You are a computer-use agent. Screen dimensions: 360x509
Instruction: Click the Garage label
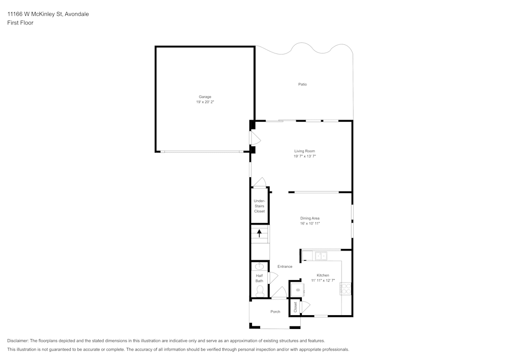coord(205,97)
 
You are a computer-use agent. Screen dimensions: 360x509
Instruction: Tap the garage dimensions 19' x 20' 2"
coord(205,102)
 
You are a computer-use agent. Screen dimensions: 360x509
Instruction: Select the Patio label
coord(302,84)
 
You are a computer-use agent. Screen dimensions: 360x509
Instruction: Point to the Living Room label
coord(304,151)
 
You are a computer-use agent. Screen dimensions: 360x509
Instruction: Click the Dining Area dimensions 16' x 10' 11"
coord(309,224)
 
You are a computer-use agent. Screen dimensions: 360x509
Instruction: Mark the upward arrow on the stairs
coord(260,234)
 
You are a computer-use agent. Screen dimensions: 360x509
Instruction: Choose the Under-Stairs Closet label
coord(260,206)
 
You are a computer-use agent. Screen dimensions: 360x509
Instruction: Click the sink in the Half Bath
coord(259,266)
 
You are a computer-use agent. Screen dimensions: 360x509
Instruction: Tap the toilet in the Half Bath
coord(260,290)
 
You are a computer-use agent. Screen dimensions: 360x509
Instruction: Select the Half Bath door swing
coord(272,278)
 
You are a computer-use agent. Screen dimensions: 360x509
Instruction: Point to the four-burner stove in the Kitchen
coord(346,289)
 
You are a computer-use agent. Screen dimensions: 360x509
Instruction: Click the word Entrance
coord(285,266)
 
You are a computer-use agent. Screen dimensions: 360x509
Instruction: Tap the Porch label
coord(275,312)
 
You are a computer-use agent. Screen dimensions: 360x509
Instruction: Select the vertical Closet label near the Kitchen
coord(295,307)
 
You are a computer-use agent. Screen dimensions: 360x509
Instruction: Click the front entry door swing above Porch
coord(279,293)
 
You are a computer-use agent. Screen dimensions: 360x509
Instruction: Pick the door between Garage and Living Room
coord(254,138)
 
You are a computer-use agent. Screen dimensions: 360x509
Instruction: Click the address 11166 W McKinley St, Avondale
coord(48,14)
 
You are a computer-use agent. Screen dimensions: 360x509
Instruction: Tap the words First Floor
coord(20,23)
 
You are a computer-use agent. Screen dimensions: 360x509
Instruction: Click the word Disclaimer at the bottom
coord(18,341)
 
